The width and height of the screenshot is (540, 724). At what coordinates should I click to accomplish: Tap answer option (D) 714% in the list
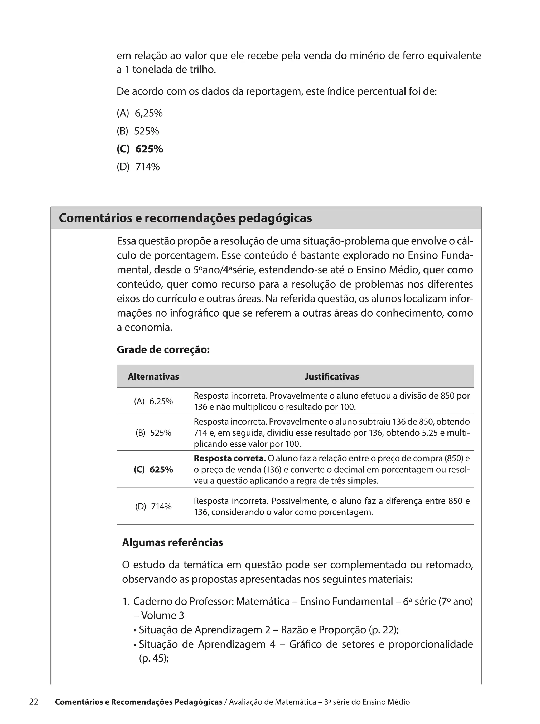pos(138,167)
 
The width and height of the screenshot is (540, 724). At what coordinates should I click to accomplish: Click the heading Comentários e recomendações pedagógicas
pos(185,218)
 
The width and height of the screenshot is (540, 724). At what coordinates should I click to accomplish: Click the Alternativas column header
pos(153,377)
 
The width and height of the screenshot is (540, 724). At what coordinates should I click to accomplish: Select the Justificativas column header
pos(331,377)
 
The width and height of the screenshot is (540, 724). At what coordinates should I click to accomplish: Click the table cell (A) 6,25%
pos(153,401)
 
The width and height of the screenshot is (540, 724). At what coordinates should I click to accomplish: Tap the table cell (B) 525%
pos(153,433)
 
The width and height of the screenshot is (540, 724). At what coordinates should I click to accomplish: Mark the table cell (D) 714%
pos(153,507)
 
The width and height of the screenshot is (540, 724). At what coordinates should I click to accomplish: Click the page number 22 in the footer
pos(34,702)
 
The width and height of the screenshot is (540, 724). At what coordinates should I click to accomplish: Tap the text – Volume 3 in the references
pos(159,615)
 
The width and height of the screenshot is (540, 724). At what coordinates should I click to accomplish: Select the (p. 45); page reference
pos(154,658)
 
